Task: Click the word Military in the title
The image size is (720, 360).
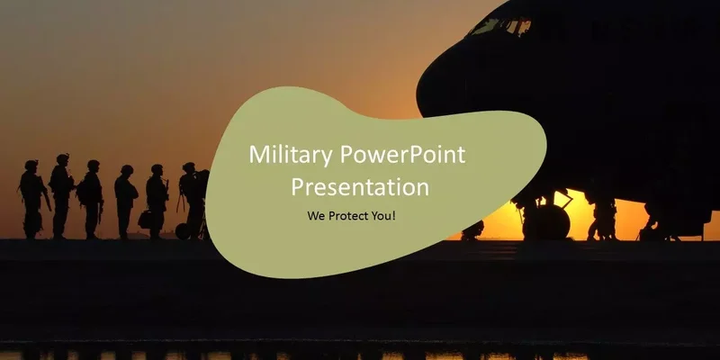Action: pos(291,155)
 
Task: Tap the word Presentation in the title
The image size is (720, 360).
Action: pos(359,187)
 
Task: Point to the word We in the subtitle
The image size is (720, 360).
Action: pos(316,217)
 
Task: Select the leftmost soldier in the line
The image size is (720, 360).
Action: pos(31,198)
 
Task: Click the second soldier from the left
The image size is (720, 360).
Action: pos(61,193)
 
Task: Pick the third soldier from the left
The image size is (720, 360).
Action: pos(91,198)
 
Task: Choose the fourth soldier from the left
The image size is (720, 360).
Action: pos(126,200)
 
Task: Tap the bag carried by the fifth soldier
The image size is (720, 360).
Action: pos(145,220)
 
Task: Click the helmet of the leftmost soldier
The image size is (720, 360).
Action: pos(31,165)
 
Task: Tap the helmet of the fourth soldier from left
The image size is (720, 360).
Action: pos(126,169)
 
